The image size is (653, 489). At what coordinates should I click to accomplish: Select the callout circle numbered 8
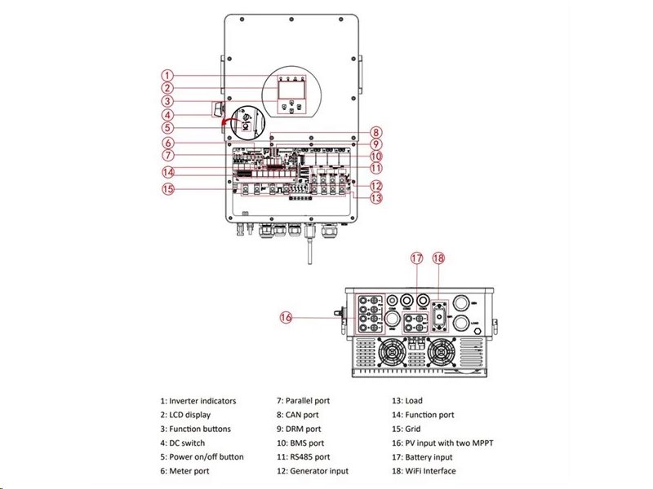[375, 132]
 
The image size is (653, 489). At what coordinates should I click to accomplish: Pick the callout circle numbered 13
[375, 197]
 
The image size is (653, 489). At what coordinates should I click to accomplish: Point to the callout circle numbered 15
[167, 189]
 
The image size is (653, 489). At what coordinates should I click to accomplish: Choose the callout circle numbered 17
[417, 258]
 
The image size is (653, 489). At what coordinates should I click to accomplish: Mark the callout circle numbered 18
[438, 258]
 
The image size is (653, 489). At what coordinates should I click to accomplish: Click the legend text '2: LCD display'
[187, 415]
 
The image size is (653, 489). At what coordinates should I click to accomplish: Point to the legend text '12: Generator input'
[313, 471]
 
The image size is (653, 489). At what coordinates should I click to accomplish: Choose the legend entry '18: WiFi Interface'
[424, 471]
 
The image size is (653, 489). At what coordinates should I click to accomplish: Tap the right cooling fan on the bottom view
[442, 354]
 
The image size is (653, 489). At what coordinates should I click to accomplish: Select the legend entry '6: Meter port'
[185, 471]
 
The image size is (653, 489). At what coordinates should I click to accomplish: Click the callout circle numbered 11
[375, 167]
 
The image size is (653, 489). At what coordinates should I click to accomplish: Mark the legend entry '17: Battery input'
[423, 457]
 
